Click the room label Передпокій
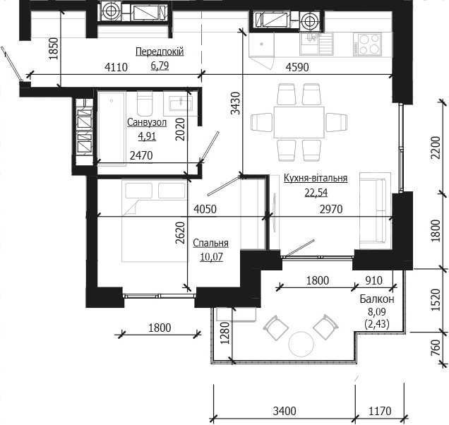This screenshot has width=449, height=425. [160, 52]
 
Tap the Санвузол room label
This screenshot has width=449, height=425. [147, 122]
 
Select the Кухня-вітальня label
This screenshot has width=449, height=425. [316, 178]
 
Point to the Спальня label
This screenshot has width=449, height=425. [211, 243]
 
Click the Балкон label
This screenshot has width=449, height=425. [377, 299]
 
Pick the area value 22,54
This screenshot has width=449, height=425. [316, 193]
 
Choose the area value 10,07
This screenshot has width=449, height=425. [211, 257]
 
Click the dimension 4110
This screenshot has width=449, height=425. [116, 67]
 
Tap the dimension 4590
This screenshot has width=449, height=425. [297, 67]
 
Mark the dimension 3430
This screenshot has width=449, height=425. [235, 103]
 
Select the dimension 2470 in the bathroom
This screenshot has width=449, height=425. [141, 155]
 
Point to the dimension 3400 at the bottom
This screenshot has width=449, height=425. [285, 412]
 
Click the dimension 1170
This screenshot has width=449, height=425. [380, 412]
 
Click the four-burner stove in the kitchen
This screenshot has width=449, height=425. [367, 44]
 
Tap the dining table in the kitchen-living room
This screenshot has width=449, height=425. [299, 122]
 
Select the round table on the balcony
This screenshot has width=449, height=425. [301, 344]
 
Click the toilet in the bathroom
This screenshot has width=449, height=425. [145, 103]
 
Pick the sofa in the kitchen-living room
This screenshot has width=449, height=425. [376, 211]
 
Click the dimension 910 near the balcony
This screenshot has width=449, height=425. [373, 280]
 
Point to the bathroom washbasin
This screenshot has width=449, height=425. [181, 103]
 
